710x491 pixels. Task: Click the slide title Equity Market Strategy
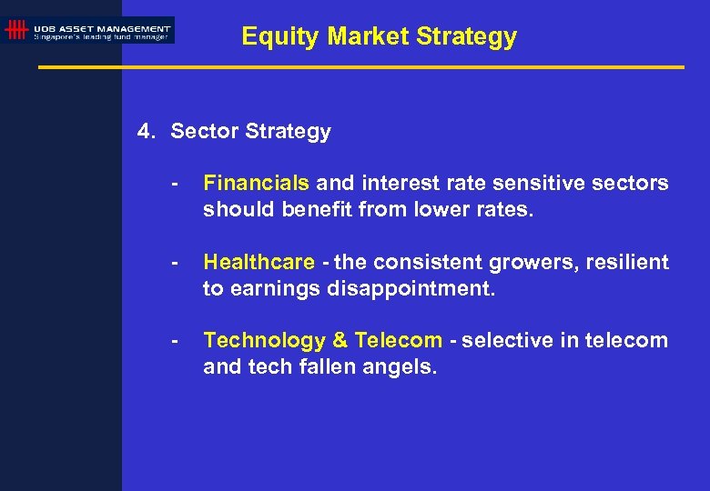tap(379, 36)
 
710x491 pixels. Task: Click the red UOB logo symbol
tap(15, 30)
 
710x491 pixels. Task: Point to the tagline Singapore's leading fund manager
tap(101, 36)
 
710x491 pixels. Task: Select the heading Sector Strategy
tap(250, 132)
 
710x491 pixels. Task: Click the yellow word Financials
tap(256, 184)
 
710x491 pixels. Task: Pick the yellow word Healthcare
tap(259, 263)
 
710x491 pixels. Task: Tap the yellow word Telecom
tap(398, 341)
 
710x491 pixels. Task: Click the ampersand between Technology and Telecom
tap(340, 341)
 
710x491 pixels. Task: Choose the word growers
tap(529, 263)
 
